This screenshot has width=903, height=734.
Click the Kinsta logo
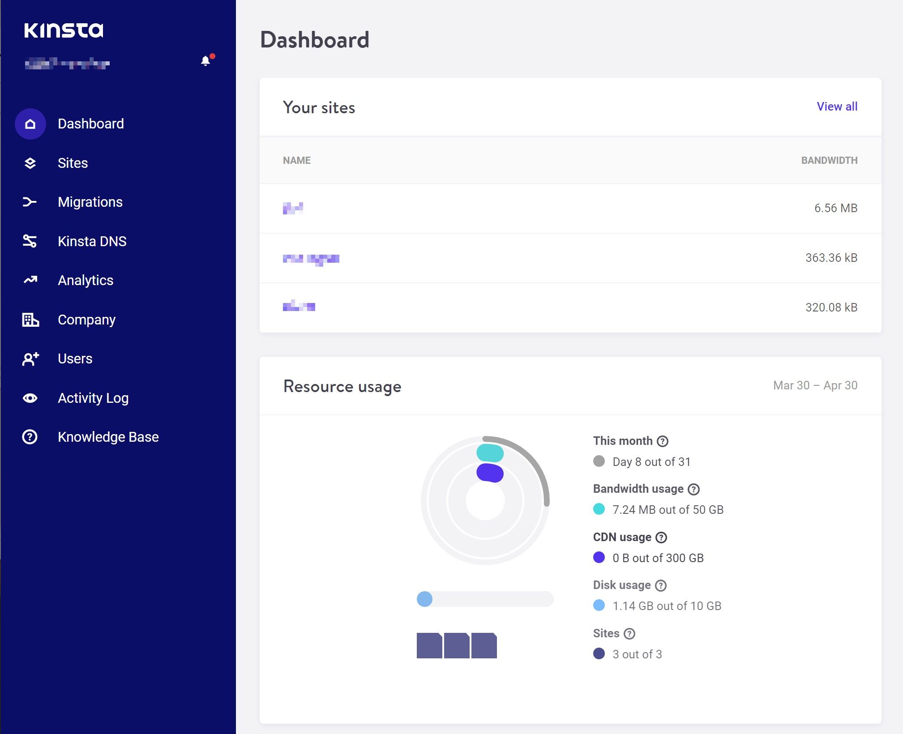click(64, 30)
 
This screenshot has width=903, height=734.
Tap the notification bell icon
click(205, 61)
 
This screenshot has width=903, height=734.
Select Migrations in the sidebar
click(90, 202)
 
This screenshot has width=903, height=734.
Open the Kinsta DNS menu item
click(92, 241)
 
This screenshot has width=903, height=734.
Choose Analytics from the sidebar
click(86, 280)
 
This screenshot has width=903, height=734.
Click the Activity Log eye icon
click(30, 398)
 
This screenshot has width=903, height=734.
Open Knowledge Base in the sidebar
click(108, 437)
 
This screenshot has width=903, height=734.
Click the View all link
click(837, 107)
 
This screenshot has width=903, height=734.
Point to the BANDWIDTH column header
click(829, 160)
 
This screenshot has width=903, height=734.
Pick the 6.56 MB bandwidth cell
click(835, 208)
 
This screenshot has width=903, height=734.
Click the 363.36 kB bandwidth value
click(831, 258)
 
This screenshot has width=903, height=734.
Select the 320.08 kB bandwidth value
click(831, 307)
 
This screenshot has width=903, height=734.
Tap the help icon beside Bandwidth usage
click(693, 489)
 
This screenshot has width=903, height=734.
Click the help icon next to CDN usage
click(661, 537)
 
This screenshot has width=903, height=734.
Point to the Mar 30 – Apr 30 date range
click(815, 385)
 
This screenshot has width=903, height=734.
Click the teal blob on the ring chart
click(490, 453)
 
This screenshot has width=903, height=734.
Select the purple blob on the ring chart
click(490, 473)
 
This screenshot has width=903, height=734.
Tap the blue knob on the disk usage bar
click(424, 599)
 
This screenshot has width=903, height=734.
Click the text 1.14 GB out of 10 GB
click(667, 606)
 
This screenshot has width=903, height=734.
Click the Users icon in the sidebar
click(30, 359)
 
